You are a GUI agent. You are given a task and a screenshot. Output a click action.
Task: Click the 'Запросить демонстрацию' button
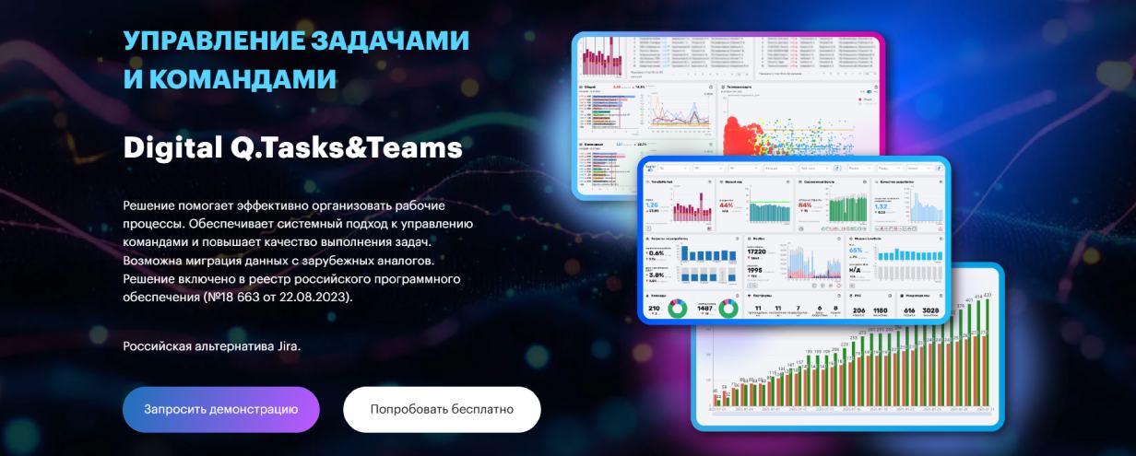coord(220,409)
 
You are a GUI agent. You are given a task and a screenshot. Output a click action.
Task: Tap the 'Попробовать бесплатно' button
coord(442,409)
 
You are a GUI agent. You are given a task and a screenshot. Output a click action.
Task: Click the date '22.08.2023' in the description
coord(314,298)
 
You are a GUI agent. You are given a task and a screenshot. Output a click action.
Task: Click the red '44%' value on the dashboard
coord(727,205)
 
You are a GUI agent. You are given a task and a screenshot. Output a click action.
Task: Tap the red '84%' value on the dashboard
coord(805,205)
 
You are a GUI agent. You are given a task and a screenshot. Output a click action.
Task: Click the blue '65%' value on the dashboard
coord(856,251)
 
